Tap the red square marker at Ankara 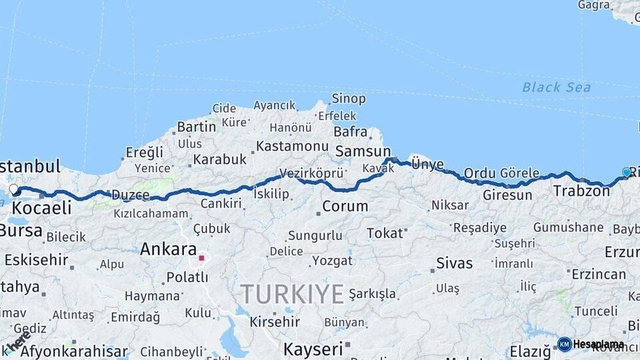click(201, 257)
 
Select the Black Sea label click(556, 87)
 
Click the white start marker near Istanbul click(13, 189)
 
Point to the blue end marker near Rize click(626, 173)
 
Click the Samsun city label click(363, 151)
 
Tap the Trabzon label click(581, 191)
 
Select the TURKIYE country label click(292, 293)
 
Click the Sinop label click(349, 99)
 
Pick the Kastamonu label click(292, 146)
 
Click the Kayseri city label click(313, 349)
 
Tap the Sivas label click(454, 263)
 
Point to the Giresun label click(507, 195)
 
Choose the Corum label click(345, 207)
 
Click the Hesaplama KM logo click(591, 344)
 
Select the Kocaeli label click(41, 208)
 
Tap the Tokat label click(385, 233)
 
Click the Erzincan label click(599, 275)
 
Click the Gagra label click(593, 5)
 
